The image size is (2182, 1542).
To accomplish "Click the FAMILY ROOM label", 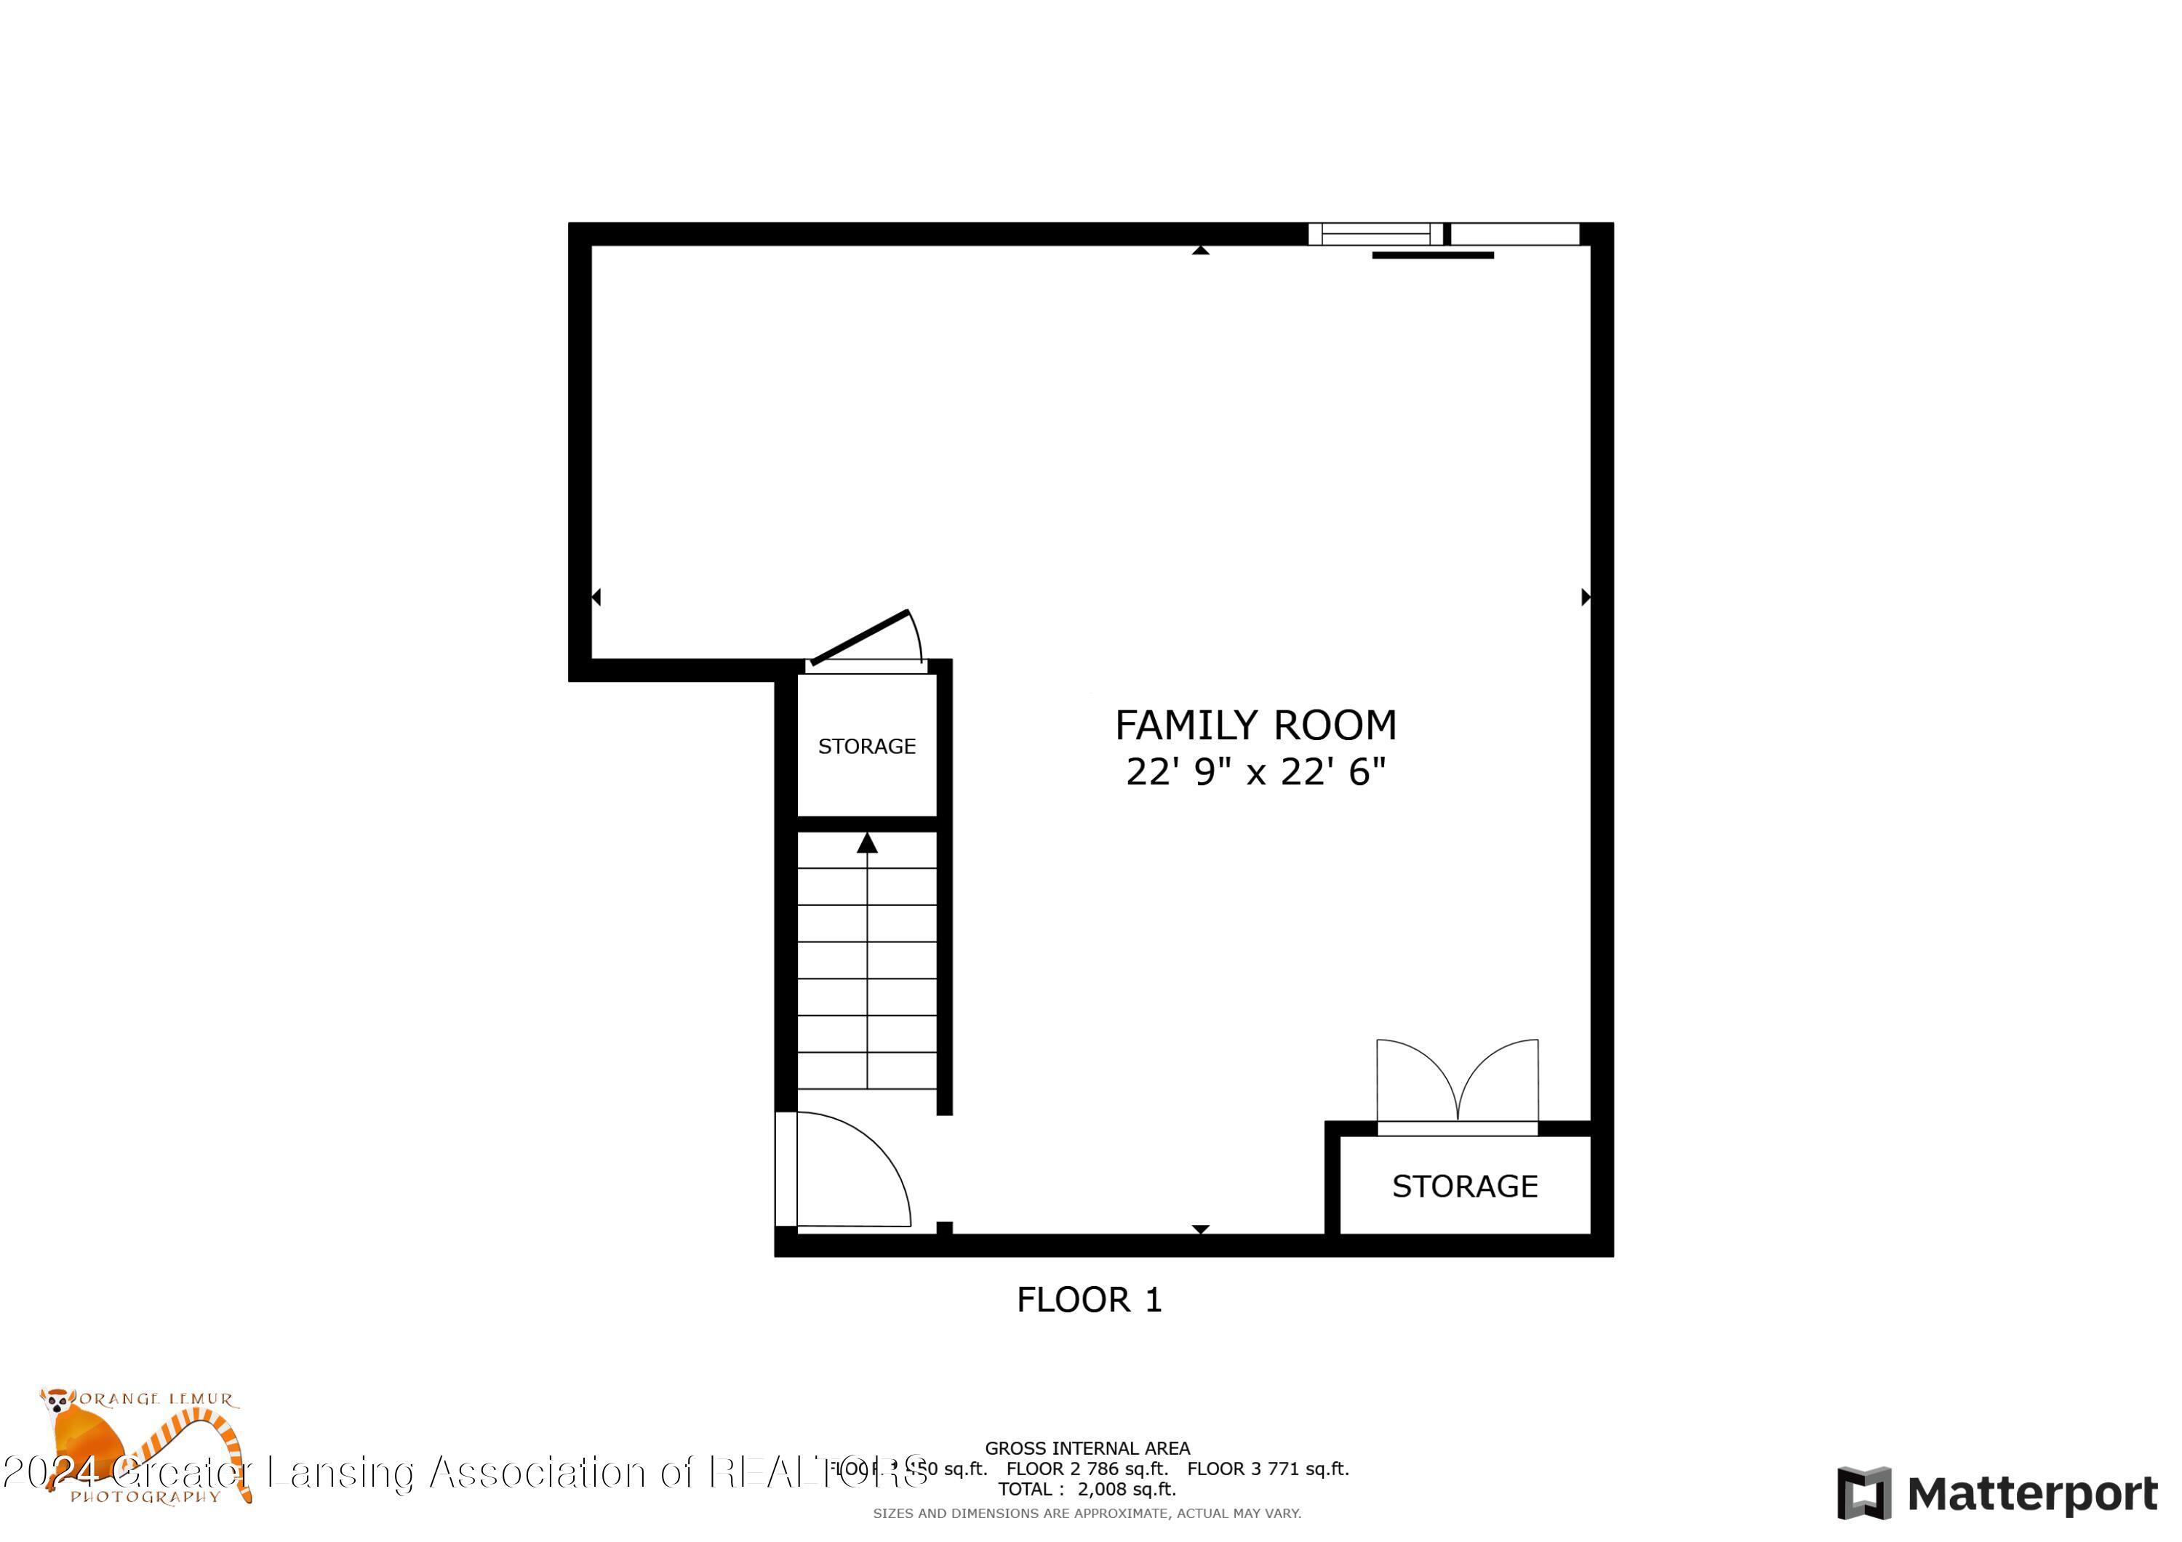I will coord(1255,725).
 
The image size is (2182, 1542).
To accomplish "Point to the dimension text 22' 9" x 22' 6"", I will coord(1255,771).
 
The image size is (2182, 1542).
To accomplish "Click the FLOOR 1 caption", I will coord(1088,1300).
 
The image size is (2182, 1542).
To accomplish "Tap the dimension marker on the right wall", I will coord(1584,597).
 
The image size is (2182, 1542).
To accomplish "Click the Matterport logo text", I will coord(2032,1495).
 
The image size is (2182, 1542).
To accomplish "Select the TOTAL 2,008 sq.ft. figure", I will coord(1086,1489).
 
